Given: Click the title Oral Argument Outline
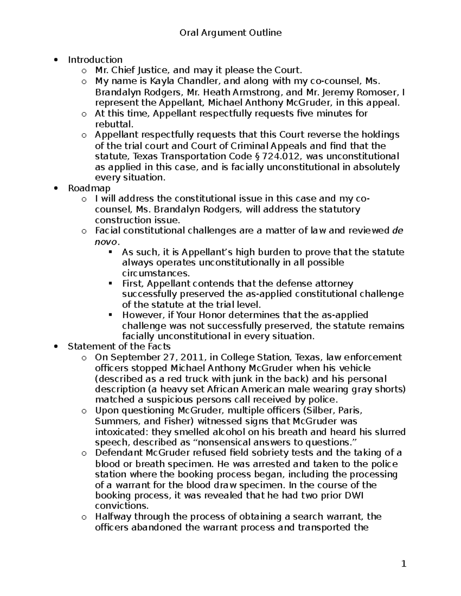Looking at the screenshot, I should pos(230,33).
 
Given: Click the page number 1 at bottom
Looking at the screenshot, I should pos(403,564).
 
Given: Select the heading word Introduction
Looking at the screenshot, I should pos(95,59).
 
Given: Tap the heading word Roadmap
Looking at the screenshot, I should pos(89,188).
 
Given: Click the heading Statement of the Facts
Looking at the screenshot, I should pos(119,346).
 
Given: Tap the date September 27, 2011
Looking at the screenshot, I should pos(157,357).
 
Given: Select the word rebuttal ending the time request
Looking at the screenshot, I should pos(114,124).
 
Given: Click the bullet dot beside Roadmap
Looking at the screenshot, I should pos(56,188).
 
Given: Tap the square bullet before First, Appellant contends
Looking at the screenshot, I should pos(111,283).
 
